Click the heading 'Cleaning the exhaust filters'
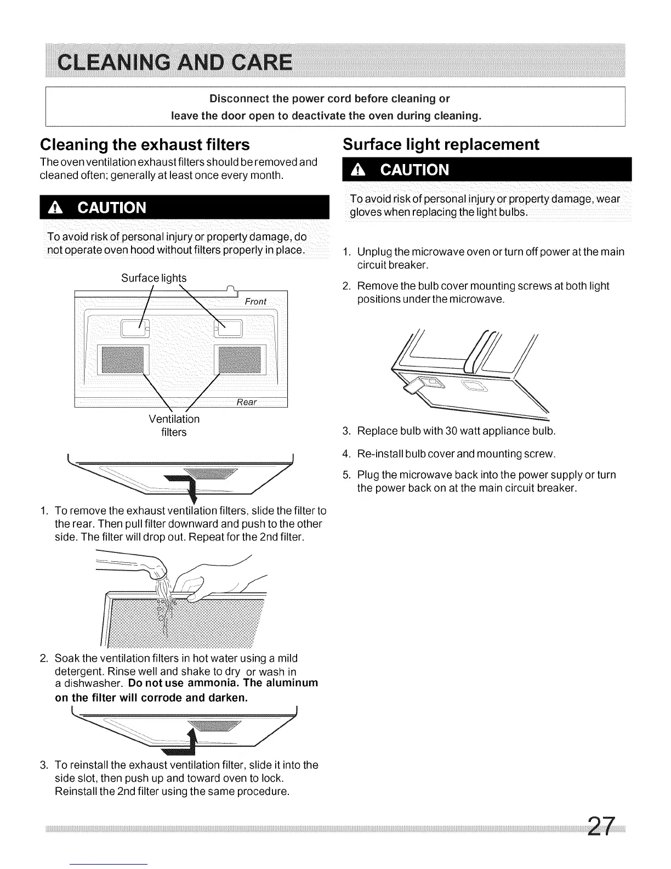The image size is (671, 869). tap(145, 144)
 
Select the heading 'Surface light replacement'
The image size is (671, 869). tap(441, 144)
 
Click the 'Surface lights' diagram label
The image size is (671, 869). tap(153, 278)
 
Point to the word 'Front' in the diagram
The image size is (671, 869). tap(255, 302)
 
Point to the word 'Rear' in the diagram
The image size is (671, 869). tap(247, 402)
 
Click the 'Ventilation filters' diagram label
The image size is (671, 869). tap(174, 426)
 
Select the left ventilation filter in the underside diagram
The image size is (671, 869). tap(121, 360)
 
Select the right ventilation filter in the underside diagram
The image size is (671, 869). tap(240, 360)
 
